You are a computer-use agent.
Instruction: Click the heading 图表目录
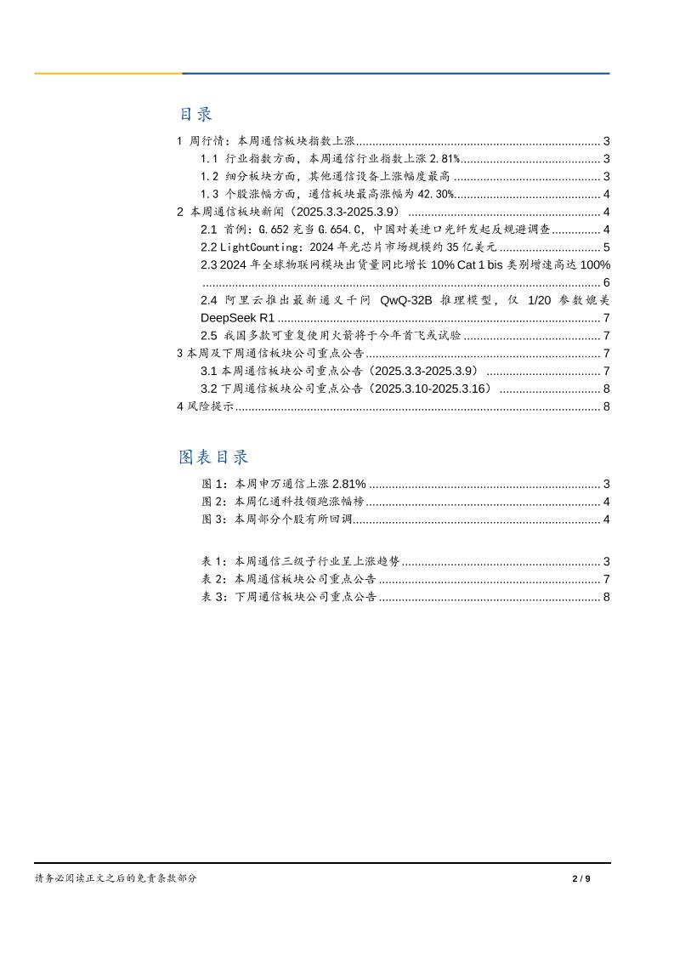click(213, 457)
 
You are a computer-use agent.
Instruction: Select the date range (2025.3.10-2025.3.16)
click(433, 389)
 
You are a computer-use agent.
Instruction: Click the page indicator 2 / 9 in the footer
click(581, 878)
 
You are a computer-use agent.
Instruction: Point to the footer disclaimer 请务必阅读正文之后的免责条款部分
click(116, 878)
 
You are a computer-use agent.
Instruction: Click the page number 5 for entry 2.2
click(606, 247)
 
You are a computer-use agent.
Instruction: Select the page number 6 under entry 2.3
click(606, 282)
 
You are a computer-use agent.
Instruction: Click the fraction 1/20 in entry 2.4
click(541, 300)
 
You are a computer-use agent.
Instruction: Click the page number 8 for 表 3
click(606, 597)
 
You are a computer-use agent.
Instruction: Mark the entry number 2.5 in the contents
click(209, 336)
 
